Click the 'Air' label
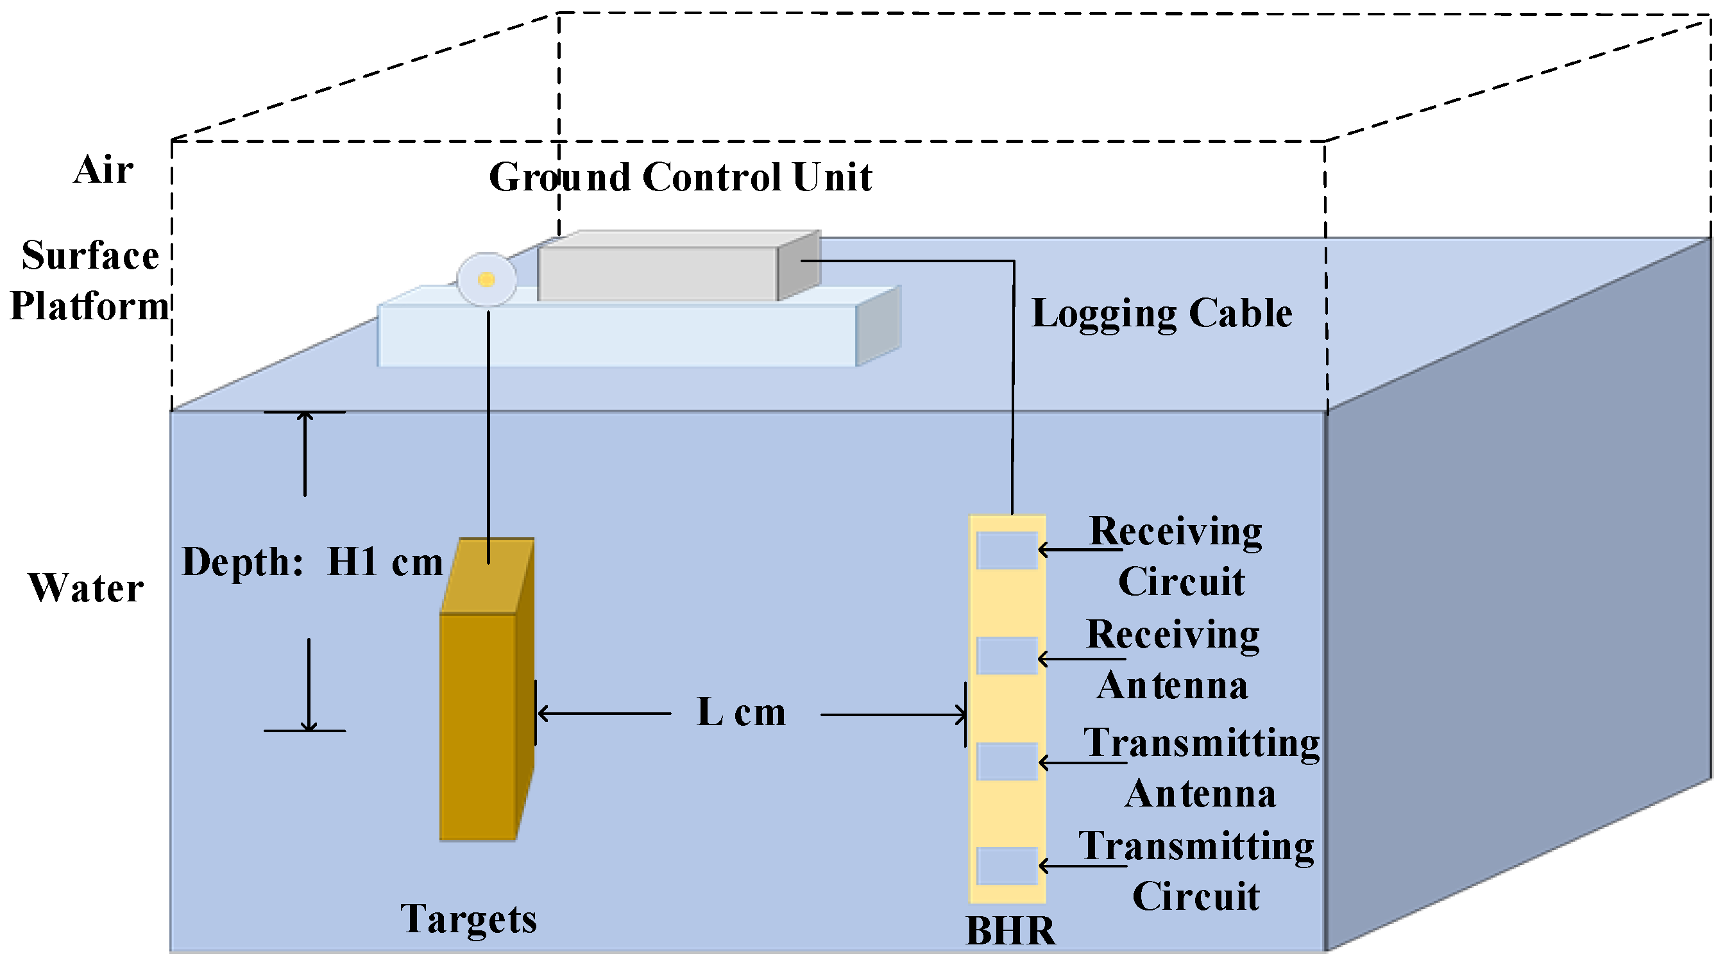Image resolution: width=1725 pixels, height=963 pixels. (x=103, y=169)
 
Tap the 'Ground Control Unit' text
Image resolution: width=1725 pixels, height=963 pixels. (x=680, y=178)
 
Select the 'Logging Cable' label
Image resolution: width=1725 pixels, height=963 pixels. (x=1161, y=313)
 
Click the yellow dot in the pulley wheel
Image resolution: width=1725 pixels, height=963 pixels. (x=487, y=280)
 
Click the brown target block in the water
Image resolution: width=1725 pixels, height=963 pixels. (x=477, y=726)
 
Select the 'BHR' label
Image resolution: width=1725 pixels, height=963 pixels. (x=1010, y=931)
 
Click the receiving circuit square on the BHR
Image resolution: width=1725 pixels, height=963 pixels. (x=1007, y=551)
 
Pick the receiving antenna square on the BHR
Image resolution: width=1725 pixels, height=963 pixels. (x=1007, y=656)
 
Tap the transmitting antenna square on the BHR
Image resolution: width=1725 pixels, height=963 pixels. (x=1007, y=762)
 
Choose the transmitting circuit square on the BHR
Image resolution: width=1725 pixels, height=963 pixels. (x=1007, y=866)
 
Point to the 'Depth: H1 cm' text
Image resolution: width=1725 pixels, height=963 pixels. (x=312, y=562)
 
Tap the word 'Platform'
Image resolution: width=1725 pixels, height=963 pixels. (x=90, y=306)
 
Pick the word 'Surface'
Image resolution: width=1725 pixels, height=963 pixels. (x=90, y=256)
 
